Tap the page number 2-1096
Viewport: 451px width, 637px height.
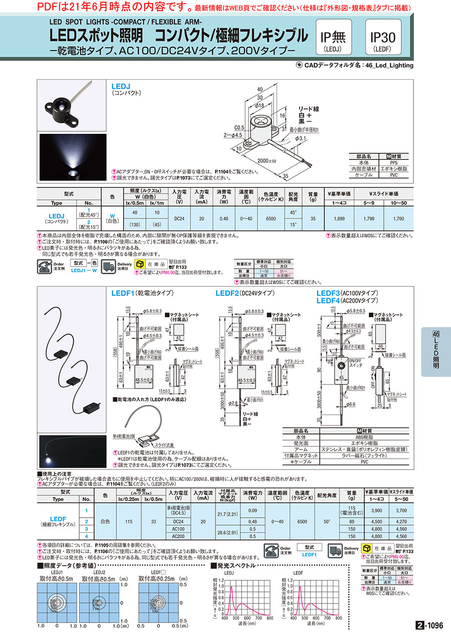tap(429, 625)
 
